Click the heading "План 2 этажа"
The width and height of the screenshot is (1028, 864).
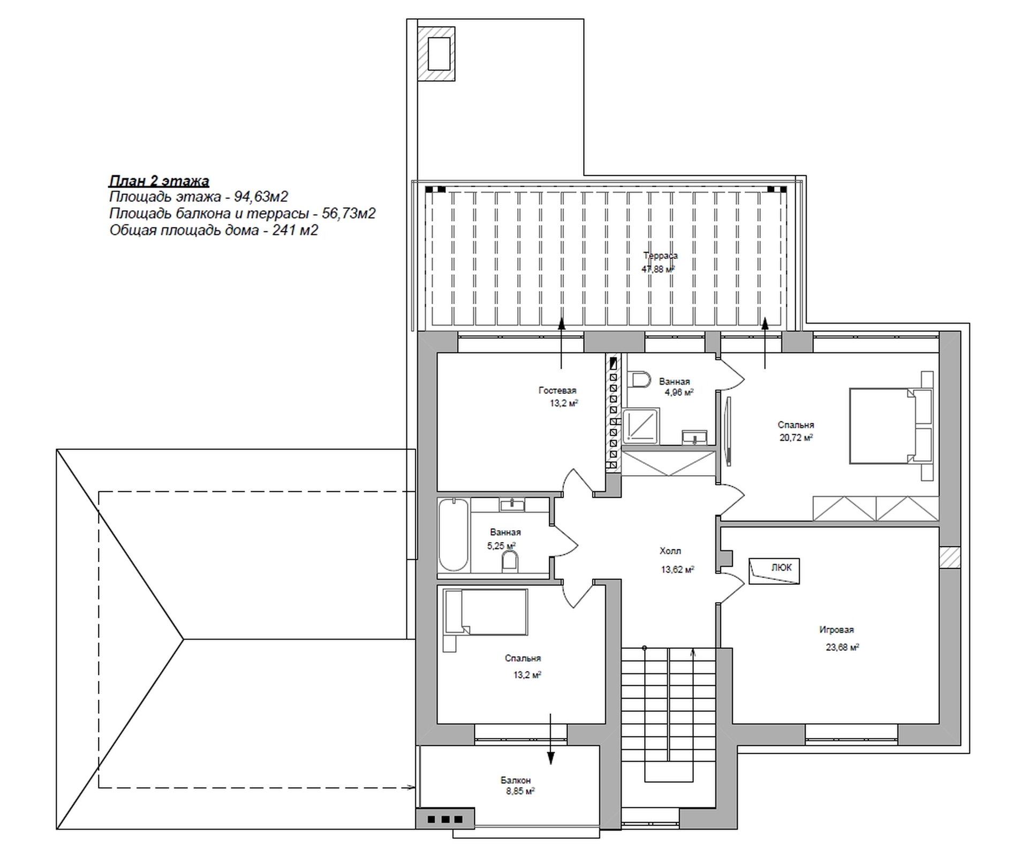coord(159,181)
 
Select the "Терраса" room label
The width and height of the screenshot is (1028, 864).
coord(660,256)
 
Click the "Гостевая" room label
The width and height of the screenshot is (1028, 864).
coord(557,390)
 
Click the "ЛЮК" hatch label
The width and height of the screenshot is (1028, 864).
coord(781,567)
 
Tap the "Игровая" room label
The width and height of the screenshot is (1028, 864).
coord(836,630)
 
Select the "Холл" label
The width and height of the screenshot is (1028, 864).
coord(670,551)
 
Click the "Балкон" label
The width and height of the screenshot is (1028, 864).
coord(516,780)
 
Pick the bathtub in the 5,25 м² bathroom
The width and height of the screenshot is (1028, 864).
coord(453,535)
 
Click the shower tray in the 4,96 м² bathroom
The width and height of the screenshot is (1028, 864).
coord(641,426)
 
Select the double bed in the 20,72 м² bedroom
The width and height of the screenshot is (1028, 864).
coord(891,426)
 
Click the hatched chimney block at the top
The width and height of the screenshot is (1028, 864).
coord(436,54)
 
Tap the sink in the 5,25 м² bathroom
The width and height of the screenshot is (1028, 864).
coord(512,504)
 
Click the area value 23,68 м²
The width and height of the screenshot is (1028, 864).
coord(842,647)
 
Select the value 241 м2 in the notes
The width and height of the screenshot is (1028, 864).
coord(296,230)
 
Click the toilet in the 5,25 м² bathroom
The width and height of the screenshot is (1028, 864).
coord(510,562)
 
